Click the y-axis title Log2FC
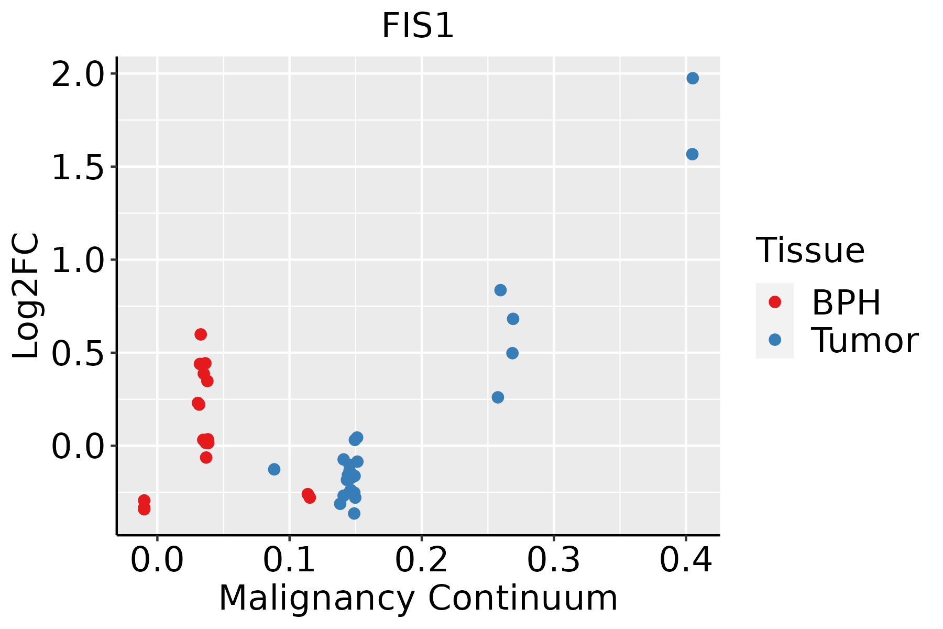(26, 296)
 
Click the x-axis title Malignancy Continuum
(418, 598)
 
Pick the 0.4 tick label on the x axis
(685, 560)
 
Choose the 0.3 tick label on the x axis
(553, 560)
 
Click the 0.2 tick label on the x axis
(421, 560)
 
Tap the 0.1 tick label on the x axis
(289, 560)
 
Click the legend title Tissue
(810, 251)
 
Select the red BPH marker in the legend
(774, 302)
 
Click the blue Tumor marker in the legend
(774, 340)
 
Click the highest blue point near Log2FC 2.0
(693, 78)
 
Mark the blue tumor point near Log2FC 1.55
(692, 154)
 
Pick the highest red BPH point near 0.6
(201, 334)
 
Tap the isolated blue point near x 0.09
(274, 469)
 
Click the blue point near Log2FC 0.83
(500, 290)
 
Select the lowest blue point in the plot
(354, 513)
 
